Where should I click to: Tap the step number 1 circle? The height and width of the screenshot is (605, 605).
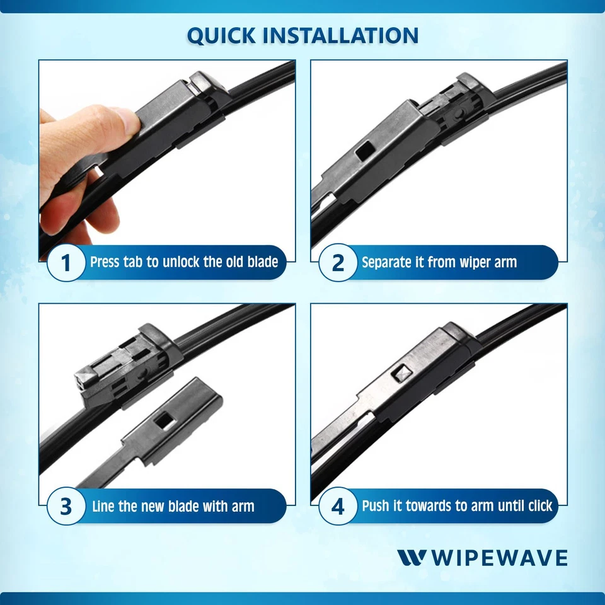tap(66, 262)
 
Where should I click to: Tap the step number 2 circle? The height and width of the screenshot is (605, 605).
tap(338, 262)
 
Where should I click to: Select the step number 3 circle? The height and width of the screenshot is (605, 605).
tap(66, 506)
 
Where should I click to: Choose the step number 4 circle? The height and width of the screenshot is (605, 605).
tap(338, 506)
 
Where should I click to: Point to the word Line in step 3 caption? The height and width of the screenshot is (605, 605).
tap(104, 506)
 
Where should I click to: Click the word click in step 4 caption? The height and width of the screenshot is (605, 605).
tap(536, 505)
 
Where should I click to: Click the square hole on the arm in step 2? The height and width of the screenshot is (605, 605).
tap(363, 152)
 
